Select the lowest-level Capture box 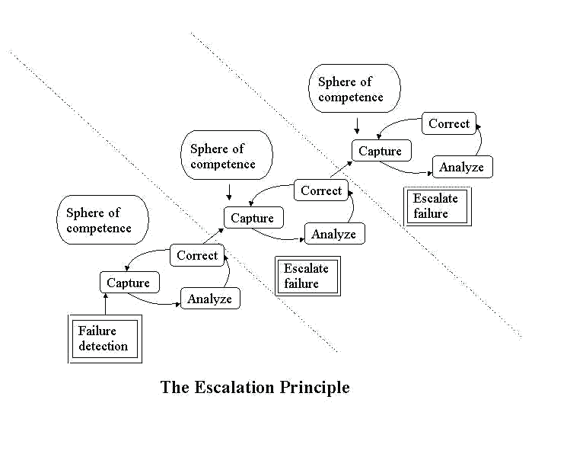click(x=128, y=283)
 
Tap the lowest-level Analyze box click(x=209, y=299)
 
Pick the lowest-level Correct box click(x=197, y=255)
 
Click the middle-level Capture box click(x=252, y=218)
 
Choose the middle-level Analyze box click(x=333, y=234)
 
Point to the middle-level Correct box click(x=321, y=190)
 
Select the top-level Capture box click(x=380, y=151)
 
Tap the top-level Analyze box click(x=461, y=167)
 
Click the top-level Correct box click(x=449, y=123)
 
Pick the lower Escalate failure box click(x=307, y=276)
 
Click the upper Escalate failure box click(x=436, y=206)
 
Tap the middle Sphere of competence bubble click(x=226, y=156)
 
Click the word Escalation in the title click(x=242, y=387)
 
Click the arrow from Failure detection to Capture click(x=106, y=304)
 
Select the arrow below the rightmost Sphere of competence click(x=357, y=126)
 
